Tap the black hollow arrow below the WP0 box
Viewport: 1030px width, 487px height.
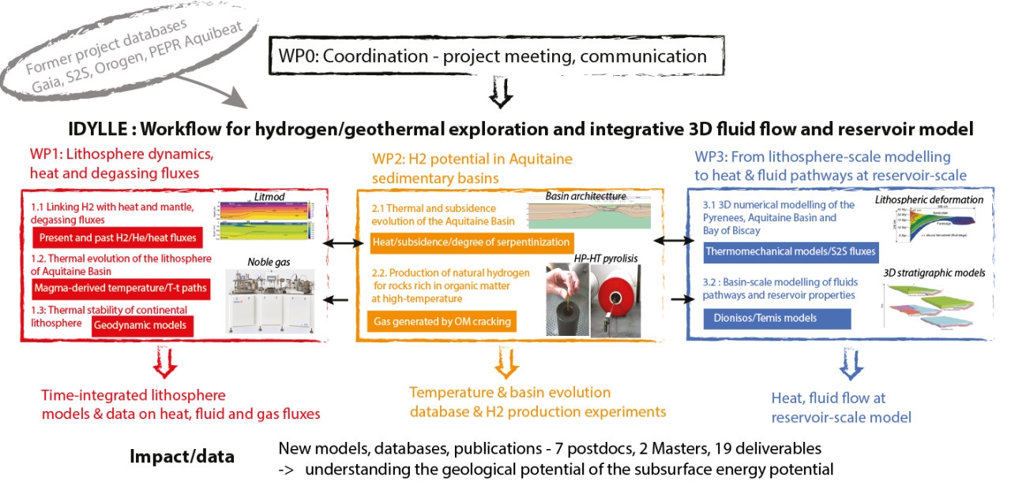502,93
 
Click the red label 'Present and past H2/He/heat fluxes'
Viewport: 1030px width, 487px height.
115,238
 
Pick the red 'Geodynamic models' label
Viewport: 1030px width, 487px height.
141,325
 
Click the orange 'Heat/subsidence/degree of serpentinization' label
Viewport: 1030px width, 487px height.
471,240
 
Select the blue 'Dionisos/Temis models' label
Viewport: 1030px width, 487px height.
776,318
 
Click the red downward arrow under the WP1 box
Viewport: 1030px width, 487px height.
167,363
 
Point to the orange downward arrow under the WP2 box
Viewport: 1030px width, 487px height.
504,363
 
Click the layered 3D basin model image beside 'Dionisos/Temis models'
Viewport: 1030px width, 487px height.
927,305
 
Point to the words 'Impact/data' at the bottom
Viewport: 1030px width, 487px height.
181,455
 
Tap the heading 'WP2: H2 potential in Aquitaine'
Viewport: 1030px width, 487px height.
472,159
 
